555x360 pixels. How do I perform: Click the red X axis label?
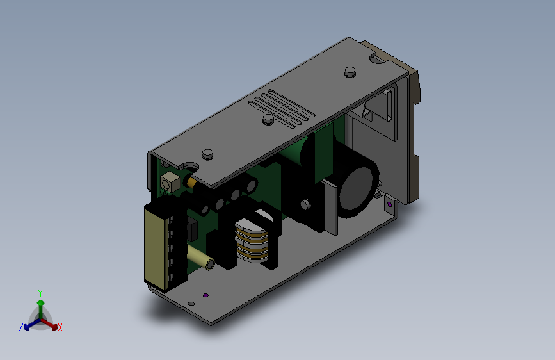[x=60, y=327]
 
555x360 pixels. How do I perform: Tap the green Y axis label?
[x=40, y=293]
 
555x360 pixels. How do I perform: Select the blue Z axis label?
[x=21, y=327]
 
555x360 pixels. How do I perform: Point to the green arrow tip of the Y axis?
[x=41, y=303]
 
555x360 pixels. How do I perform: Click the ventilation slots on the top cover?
[x=282, y=108]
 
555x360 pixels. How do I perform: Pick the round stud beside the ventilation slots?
[x=268, y=119]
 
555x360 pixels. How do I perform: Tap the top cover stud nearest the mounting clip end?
[x=350, y=72]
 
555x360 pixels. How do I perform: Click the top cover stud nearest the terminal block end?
[x=208, y=154]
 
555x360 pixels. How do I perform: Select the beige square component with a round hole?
[x=170, y=182]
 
